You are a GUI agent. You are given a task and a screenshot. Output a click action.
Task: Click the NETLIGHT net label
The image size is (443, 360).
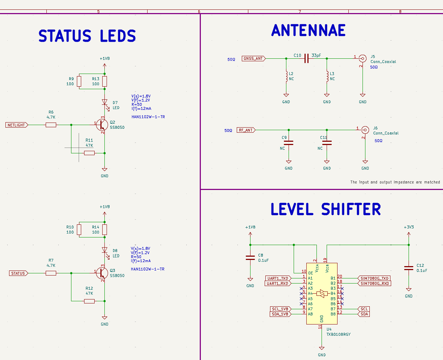[x=17, y=125]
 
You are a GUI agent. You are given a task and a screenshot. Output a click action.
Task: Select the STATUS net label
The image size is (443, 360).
[x=18, y=273]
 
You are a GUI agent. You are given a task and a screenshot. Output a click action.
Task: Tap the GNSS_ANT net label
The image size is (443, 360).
[x=253, y=58]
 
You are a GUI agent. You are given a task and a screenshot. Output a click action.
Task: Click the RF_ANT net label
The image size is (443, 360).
[x=246, y=130]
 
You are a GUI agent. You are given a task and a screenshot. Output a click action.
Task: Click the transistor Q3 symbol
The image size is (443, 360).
[x=102, y=273]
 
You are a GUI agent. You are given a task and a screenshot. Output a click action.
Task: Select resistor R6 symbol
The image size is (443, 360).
[x=51, y=125]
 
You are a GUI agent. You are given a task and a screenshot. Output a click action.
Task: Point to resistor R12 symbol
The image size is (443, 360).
[x=89, y=301]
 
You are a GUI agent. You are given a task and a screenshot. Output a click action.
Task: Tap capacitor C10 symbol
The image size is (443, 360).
[x=306, y=58]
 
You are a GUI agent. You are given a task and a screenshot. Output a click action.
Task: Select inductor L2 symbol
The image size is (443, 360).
[x=286, y=76]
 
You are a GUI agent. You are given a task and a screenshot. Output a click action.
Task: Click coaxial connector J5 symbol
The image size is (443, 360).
[x=362, y=58]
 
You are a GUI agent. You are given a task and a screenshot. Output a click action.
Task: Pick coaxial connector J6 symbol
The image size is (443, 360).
[x=365, y=129]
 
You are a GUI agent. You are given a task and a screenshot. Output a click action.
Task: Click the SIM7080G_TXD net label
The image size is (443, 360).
[x=374, y=278]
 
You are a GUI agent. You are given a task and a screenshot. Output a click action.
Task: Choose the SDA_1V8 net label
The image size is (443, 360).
[x=280, y=314]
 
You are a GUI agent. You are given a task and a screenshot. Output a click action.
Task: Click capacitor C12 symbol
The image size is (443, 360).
[x=409, y=268]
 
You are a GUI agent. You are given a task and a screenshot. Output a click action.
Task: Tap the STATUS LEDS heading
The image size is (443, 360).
[x=87, y=36]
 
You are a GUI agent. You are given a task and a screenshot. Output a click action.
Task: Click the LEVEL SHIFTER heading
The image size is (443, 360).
[x=326, y=210]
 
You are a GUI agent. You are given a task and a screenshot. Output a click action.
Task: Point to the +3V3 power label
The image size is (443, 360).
[x=409, y=227]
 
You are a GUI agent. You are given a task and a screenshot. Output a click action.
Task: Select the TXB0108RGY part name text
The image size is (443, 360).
[x=338, y=335]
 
